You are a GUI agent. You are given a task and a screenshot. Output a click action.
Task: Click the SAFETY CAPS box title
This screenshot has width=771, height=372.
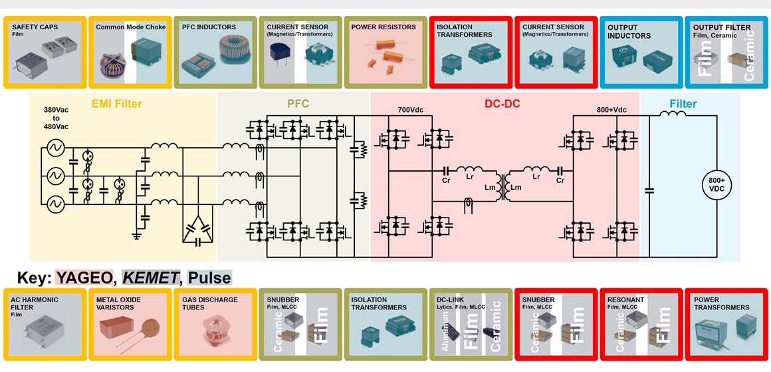coord(35,27)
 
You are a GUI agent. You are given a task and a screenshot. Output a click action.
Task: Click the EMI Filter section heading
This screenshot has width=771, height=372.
coord(116,104)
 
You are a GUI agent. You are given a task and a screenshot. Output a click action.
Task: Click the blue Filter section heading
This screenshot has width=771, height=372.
coord(683,104)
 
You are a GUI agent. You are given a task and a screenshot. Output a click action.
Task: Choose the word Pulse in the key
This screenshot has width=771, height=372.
coord(209,278)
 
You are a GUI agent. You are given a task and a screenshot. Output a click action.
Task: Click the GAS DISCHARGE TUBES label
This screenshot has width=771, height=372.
coord(209,303)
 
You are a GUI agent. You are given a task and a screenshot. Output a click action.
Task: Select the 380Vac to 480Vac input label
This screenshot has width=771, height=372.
coord(56,118)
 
